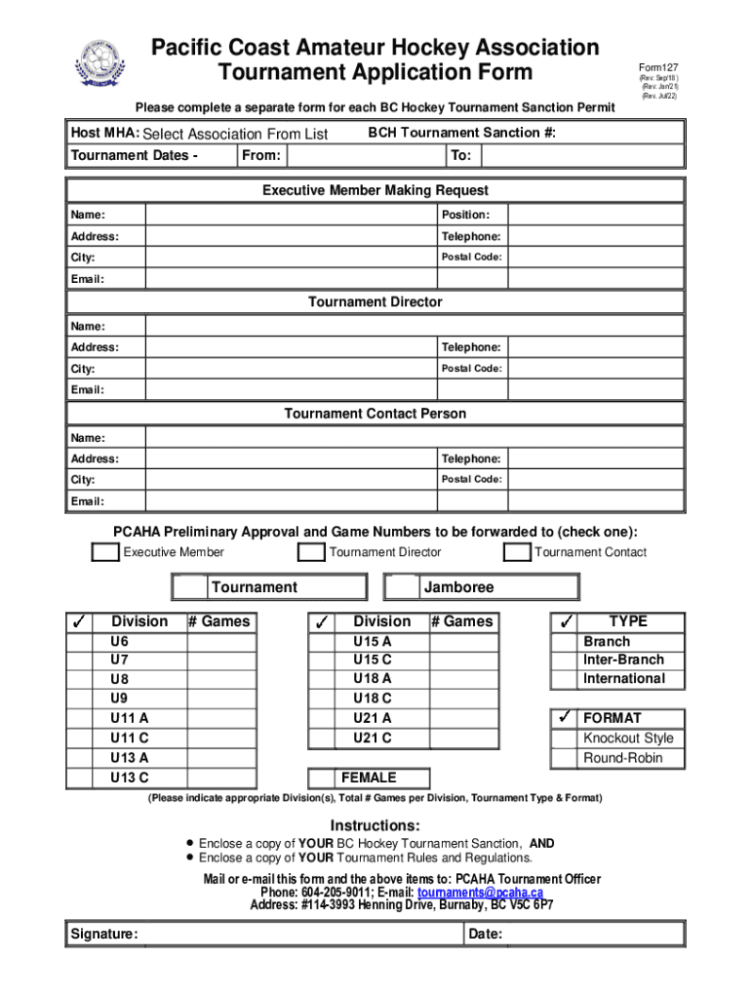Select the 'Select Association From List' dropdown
coord(235,135)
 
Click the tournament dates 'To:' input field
coord(581,156)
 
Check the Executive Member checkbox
coord(105,553)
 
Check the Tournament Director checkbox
coord(312,553)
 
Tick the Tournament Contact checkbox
coord(517,553)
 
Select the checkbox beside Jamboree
coord(402,587)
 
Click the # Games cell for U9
coord(221,699)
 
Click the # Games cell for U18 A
coord(463,679)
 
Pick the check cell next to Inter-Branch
coord(564,660)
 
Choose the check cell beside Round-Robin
coord(564,759)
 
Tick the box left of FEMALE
coord(322,779)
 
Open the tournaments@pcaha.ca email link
coord(480,893)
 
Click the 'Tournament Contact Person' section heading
coord(375,414)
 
